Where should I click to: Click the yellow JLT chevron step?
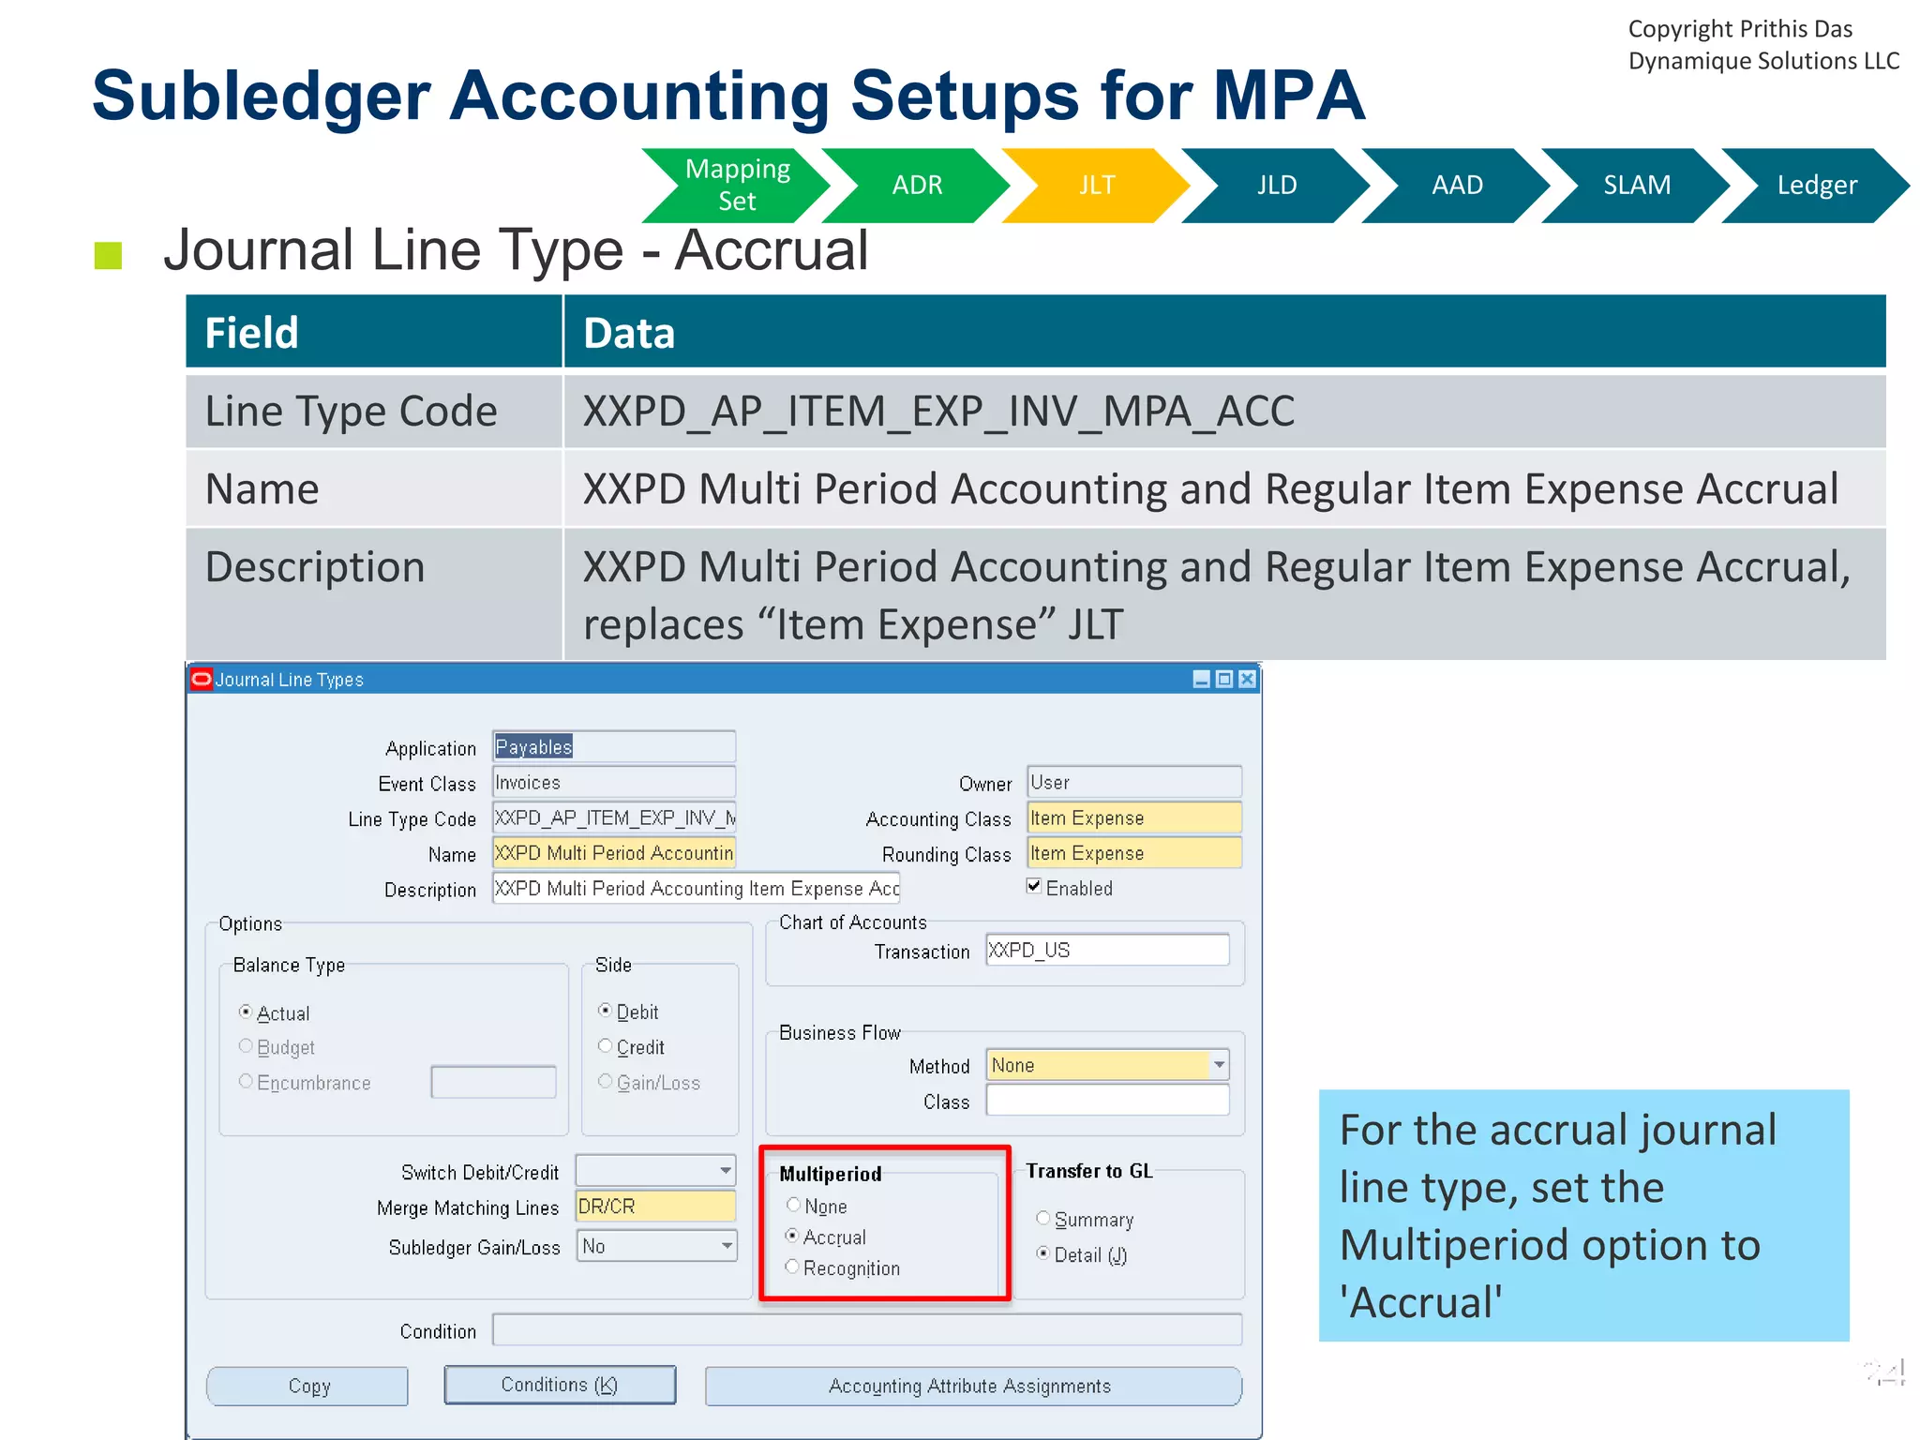[x=1096, y=186]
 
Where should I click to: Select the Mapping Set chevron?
[x=737, y=186]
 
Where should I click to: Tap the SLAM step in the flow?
[x=1636, y=186]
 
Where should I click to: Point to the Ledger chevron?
[x=1816, y=186]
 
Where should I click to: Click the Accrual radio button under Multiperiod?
[x=793, y=1236]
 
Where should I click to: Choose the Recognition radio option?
[x=793, y=1267]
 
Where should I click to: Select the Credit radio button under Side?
[x=606, y=1045]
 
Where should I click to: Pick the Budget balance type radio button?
[x=246, y=1045]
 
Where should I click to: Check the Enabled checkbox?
[x=1034, y=886]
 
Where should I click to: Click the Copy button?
[x=308, y=1386]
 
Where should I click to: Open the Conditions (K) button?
[x=560, y=1385]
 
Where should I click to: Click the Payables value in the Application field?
[x=533, y=747]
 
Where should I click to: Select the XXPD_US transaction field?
[x=1106, y=950]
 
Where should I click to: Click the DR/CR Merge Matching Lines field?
[x=654, y=1207]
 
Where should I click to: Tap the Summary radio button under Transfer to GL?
[x=1042, y=1218]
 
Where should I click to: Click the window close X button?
[x=1247, y=679]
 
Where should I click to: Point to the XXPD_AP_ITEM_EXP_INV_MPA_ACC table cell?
[x=938, y=412]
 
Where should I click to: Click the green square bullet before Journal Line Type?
[x=109, y=255]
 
